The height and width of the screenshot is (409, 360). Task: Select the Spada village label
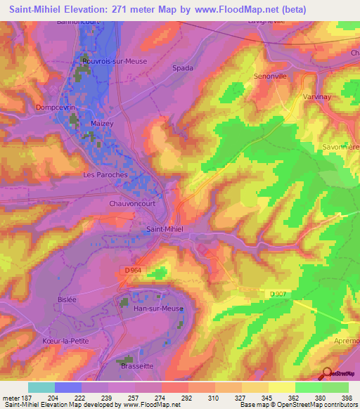182,68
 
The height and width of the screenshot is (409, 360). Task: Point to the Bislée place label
67,299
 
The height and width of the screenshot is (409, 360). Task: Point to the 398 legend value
347,398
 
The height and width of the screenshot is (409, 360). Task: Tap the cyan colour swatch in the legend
41,387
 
